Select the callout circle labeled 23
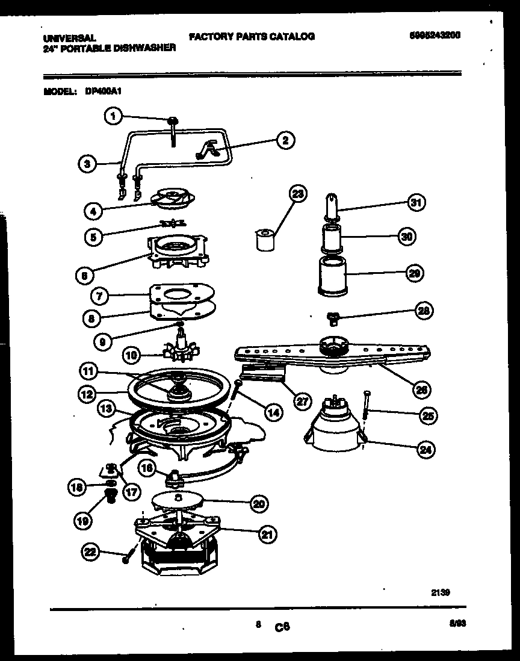[297, 194]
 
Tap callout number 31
[415, 203]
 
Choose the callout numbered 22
[90, 550]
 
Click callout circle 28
[424, 311]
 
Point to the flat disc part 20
[176, 498]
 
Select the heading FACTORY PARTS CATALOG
[252, 37]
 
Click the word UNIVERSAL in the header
[69, 37]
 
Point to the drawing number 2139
[441, 592]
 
